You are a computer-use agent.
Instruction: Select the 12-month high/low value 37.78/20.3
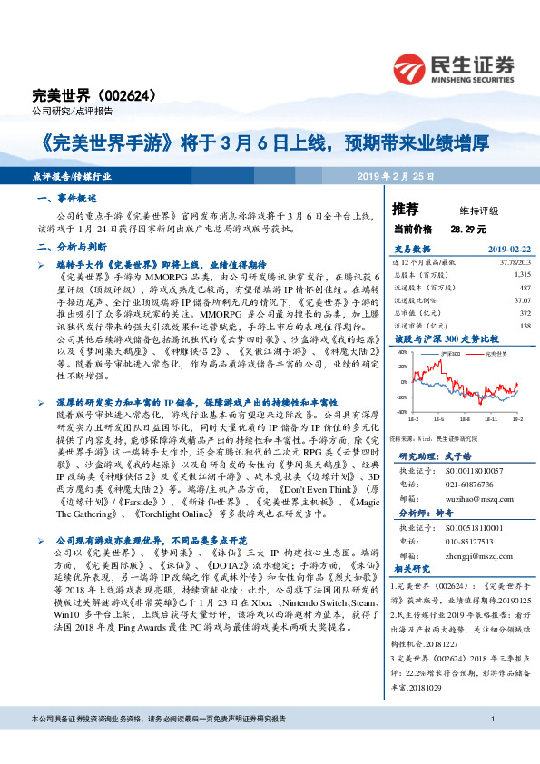pos(511,261)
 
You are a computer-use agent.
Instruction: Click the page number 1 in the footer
pos(491,745)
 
